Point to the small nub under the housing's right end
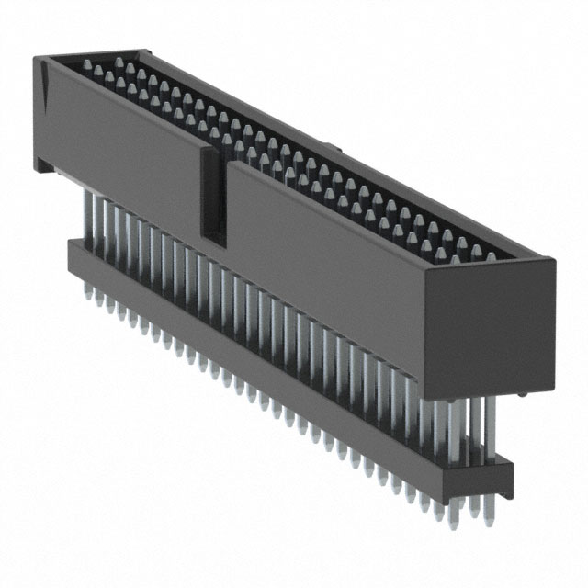coord(522,395)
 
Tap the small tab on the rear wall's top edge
coord(335,146)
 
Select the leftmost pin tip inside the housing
coord(88,64)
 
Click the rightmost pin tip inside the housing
coord(491,257)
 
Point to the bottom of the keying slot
coord(213,241)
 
